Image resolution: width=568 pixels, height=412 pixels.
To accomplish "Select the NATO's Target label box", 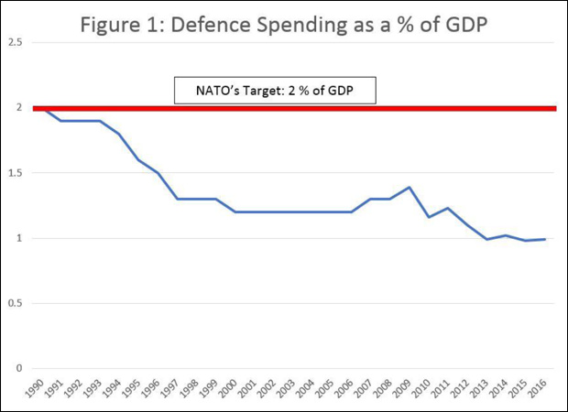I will [276, 91].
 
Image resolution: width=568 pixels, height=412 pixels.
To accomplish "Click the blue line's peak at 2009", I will [409, 187].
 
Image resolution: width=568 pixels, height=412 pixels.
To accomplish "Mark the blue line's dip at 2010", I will [428, 217].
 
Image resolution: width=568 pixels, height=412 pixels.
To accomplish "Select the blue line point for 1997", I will [176, 199].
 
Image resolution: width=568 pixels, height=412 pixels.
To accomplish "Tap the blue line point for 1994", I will [118, 134].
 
